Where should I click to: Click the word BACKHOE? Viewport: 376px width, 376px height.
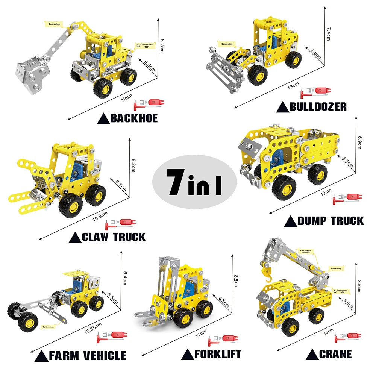click(134, 119)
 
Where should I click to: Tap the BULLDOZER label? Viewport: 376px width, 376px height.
click(318, 107)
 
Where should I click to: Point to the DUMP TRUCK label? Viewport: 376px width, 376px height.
click(331, 221)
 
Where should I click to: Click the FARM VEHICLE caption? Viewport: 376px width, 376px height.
click(87, 356)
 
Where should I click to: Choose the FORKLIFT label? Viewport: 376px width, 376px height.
click(218, 354)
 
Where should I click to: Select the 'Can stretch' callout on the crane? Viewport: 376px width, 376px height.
click(305, 250)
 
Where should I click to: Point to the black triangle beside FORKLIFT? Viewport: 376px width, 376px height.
click(187, 354)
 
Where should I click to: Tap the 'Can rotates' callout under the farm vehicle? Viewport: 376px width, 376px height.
click(49, 327)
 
